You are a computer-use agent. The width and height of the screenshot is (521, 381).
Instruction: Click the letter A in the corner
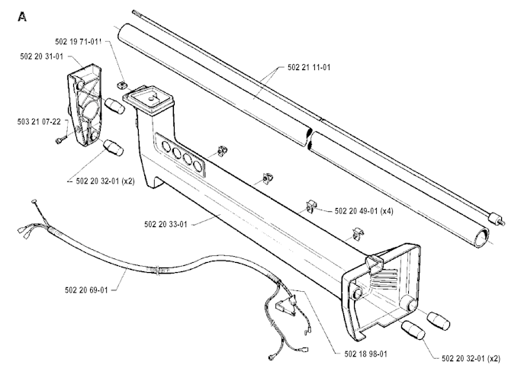(22, 17)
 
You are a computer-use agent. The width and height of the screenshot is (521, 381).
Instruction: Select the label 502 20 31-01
(41, 56)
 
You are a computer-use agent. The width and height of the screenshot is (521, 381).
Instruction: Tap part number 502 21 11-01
(309, 68)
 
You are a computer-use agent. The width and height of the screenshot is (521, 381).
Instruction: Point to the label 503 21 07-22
(39, 122)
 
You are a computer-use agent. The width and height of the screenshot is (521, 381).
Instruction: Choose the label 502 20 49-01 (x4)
(364, 211)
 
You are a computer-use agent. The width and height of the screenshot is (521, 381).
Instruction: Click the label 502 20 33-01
(166, 225)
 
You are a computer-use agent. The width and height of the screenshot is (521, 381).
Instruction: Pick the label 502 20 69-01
(86, 290)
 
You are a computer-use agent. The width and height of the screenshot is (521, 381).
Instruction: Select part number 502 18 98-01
(366, 354)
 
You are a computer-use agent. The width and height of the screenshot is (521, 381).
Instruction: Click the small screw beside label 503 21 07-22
(60, 140)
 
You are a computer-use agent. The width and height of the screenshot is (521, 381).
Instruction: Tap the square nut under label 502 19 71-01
(122, 85)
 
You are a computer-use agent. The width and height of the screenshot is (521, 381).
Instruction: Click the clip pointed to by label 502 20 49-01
(311, 207)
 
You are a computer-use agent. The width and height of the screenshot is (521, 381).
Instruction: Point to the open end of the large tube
(481, 238)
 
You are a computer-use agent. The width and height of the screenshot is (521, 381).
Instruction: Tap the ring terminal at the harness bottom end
(272, 357)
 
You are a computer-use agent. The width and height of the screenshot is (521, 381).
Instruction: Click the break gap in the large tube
(310, 139)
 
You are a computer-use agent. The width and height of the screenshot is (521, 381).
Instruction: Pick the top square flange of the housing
(148, 99)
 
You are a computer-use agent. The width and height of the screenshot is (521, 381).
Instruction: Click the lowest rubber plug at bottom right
(413, 330)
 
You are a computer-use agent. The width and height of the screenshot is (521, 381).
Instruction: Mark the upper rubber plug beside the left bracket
(114, 106)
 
